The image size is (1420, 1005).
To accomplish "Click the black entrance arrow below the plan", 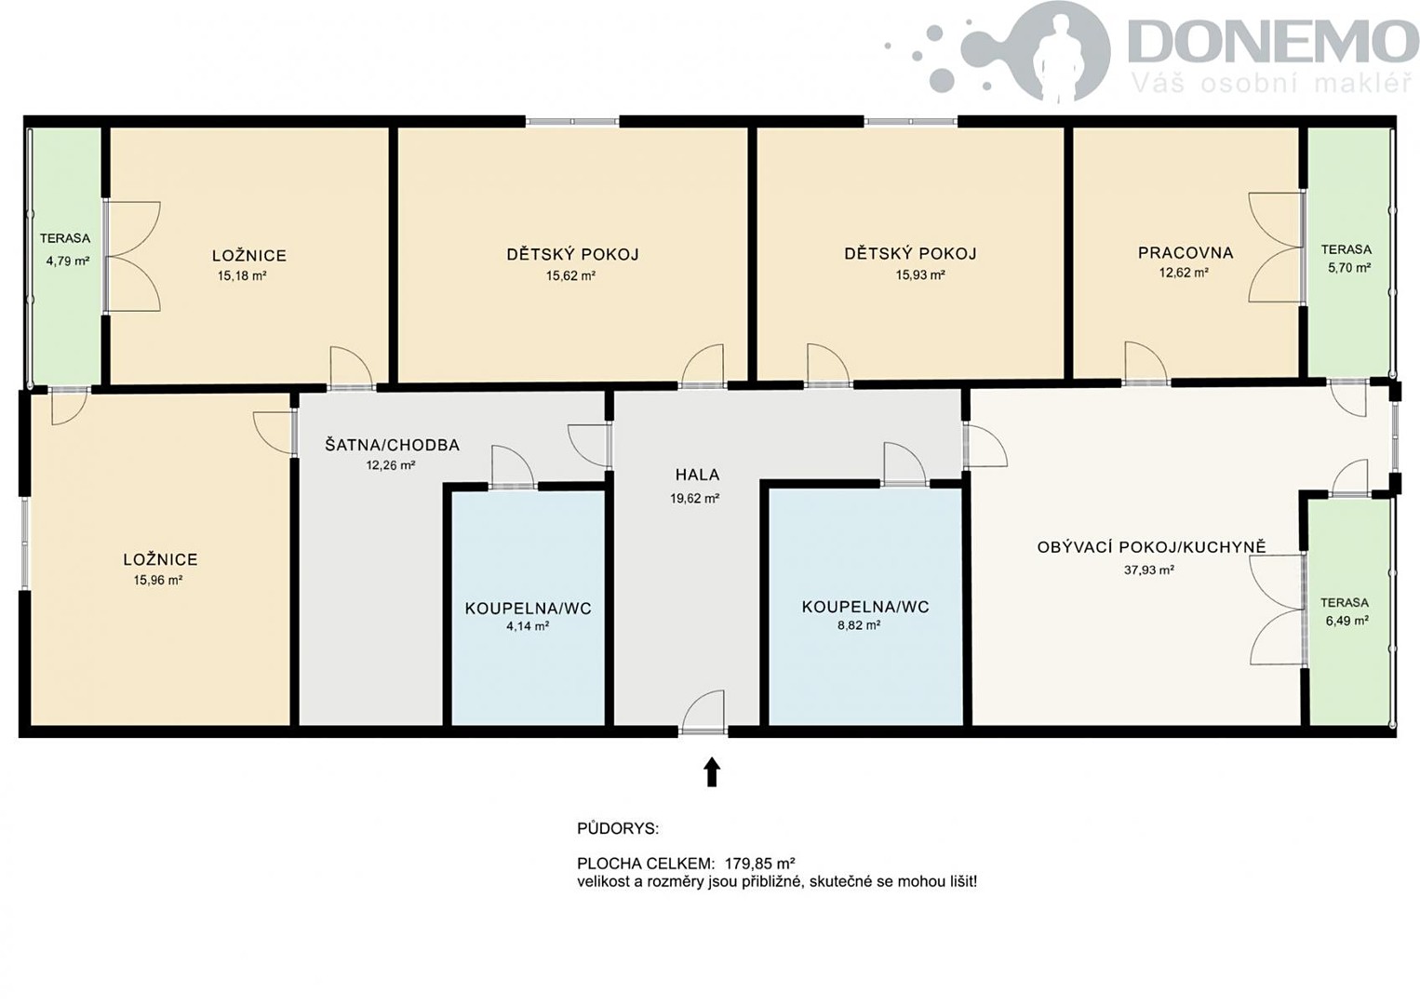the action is pos(712,771).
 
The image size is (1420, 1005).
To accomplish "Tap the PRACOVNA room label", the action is pos(1186,253).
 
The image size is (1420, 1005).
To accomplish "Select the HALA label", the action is pos(697,475).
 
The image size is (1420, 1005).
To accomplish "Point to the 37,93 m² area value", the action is pos(1149,569).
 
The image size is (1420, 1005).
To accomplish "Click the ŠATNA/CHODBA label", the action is pos(393,445).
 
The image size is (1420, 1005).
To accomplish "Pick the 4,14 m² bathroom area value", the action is pos(528,626).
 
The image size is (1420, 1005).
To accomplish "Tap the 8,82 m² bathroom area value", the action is pos(859,625).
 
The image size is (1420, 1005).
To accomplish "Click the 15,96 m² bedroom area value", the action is pos(158,580).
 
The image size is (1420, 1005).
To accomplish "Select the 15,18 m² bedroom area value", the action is pos(242,275).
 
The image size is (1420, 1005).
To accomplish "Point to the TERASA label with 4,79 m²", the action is pos(64,238).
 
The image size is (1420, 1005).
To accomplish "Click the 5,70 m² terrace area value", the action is pos(1349,268).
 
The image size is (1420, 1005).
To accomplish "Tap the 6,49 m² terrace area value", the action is pos(1346,621).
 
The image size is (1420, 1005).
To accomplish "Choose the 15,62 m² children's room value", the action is pos(570,275).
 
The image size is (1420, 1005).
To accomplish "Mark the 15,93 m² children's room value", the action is pos(920,275).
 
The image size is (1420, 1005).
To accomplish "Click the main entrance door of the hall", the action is pos(703,730).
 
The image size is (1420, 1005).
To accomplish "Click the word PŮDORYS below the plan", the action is pos(618,829).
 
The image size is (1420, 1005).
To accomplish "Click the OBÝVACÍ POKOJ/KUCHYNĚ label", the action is pos(1151,546).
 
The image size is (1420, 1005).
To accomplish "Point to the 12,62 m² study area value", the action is pos(1184,274).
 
